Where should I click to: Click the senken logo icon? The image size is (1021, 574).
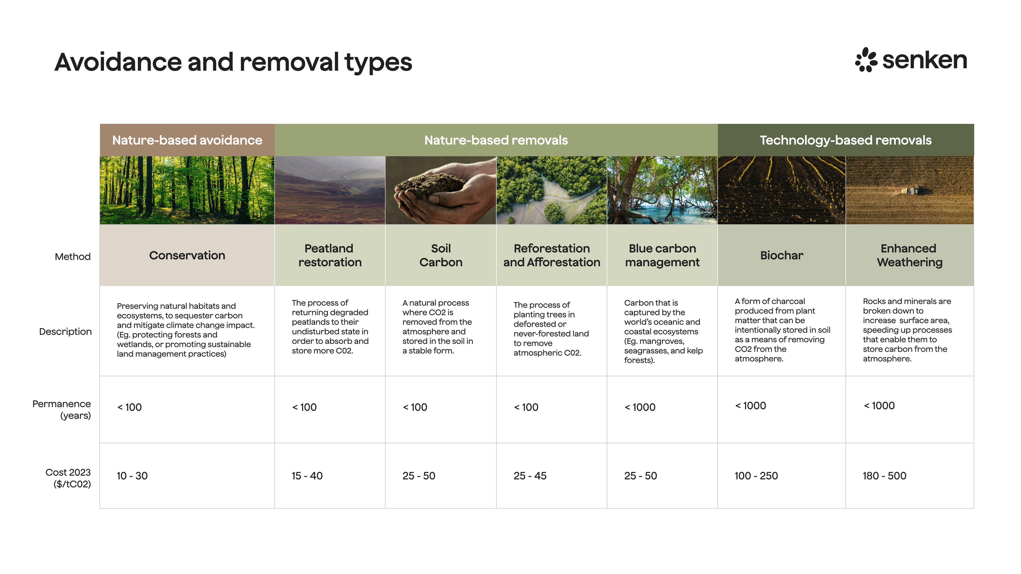(867, 60)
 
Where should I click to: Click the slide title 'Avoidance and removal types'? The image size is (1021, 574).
(233, 62)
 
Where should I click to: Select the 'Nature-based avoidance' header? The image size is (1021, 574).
(187, 140)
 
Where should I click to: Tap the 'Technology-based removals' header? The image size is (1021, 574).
(846, 140)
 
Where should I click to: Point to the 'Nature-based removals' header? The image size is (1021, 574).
(496, 140)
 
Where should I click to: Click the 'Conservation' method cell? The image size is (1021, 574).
(187, 255)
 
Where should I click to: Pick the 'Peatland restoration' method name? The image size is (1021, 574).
(330, 255)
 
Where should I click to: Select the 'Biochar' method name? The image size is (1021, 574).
(782, 255)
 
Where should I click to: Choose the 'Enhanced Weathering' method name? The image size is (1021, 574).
(909, 255)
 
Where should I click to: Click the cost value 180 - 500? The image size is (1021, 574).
(884, 476)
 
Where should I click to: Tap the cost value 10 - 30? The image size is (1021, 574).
(132, 476)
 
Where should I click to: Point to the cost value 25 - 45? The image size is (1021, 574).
(530, 476)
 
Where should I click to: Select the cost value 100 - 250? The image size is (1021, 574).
(756, 476)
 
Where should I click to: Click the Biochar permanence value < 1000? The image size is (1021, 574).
(750, 406)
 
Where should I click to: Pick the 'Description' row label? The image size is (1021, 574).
(65, 332)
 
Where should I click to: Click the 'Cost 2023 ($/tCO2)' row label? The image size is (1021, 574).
(68, 478)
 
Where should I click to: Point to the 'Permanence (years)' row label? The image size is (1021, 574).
(62, 410)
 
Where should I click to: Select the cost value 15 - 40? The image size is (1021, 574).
(307, 476)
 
